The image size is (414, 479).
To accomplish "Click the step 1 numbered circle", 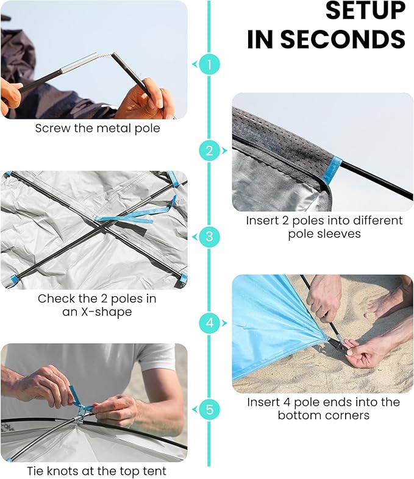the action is pos(209,64).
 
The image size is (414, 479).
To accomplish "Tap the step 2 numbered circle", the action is pos(209,151).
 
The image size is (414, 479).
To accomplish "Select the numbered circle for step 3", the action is pos(209,236).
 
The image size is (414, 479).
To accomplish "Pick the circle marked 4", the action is pos(209,323).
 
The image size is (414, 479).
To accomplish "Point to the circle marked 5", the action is pos(209,410).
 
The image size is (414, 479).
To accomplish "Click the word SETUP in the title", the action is pos(365,12).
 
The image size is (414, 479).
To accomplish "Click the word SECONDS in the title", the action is pos(343,39).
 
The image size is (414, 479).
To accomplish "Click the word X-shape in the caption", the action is pos(106,312).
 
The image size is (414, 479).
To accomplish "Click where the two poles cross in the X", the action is pos(102,224).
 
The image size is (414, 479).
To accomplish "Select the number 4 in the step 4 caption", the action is pos(287,402).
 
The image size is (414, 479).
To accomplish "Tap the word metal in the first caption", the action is pos(112,129).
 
